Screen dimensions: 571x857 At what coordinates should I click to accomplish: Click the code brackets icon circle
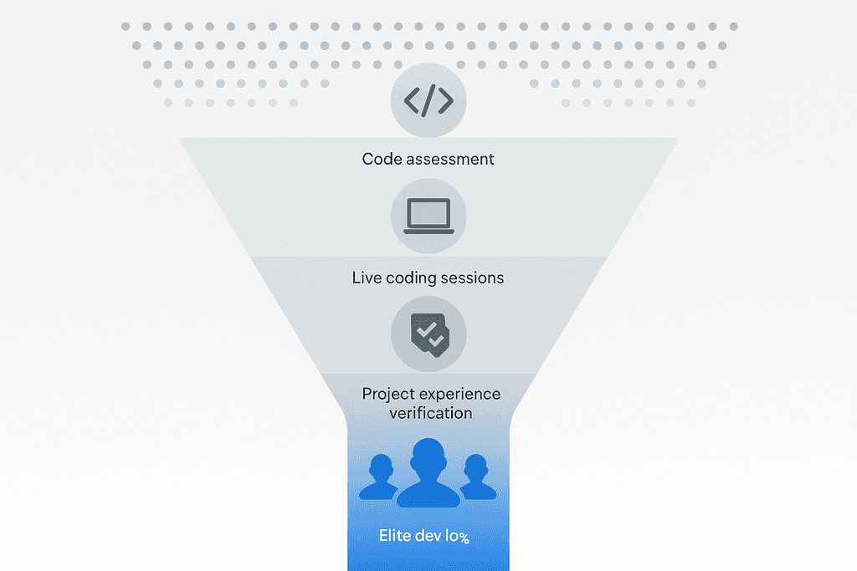tap(428, 101)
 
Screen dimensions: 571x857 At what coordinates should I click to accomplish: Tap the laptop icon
tap(428, 217)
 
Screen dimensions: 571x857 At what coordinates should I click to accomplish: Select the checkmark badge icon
tap(428, 335)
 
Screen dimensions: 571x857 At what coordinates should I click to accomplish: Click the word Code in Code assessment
tap(381, 159)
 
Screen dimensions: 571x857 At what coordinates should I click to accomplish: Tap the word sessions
tap(475, 278)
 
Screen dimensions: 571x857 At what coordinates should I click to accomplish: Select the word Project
tap(390, 395)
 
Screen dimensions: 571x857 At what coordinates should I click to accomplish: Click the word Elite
tap(395, 536)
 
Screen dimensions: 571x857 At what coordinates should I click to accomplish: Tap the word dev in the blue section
tap(428, 536)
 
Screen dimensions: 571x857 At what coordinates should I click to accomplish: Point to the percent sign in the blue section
tap(463, 538)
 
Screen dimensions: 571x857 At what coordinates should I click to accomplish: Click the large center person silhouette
tap(428, 473)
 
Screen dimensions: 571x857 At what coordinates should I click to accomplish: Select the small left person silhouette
tap(381, 477)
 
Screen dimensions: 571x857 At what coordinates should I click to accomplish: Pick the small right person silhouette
tap(476, 477)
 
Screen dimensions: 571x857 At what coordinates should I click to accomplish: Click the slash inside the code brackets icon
tap(428, 101)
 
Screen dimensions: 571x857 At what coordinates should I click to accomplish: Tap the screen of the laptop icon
tap(428, 214)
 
